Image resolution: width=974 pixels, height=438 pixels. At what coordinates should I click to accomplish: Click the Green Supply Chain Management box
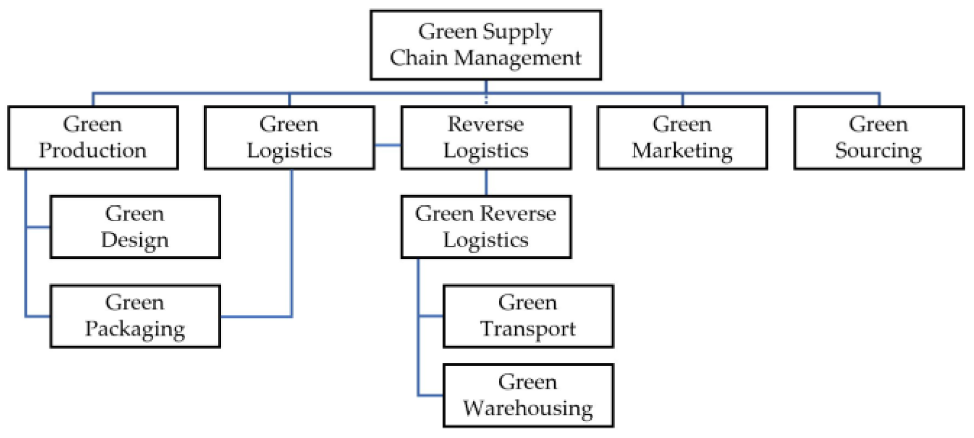coord(485,45)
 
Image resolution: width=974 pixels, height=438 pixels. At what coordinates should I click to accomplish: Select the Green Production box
coord(93,137)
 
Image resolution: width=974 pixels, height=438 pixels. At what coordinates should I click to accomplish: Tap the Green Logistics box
coord(289,137)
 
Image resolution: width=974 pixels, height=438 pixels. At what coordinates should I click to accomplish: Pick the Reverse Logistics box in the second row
coord(486,137)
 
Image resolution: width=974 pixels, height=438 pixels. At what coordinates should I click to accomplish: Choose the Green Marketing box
coord(682,137)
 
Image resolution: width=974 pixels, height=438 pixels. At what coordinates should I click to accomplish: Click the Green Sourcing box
coord(879,137)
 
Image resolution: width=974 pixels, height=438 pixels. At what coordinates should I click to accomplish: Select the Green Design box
coord(135,226)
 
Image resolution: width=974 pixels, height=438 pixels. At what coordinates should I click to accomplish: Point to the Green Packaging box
coord(135,316)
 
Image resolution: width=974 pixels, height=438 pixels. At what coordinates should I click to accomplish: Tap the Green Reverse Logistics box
coord(486,226)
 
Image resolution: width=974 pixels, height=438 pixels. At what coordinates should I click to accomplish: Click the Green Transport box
coord(528,316)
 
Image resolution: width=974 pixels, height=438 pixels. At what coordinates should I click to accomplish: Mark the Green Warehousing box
coord(528,395)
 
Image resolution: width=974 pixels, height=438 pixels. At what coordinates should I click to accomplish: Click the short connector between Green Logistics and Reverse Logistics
coord(387,145)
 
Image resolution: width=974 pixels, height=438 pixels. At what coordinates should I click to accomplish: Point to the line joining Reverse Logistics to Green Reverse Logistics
coord(486,182)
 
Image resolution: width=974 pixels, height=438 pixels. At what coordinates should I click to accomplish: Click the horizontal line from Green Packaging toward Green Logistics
coord(255,317)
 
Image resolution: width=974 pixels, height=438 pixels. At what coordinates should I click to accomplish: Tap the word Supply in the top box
coord(518,32)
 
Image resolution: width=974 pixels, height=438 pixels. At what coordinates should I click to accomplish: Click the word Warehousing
coord(528,408)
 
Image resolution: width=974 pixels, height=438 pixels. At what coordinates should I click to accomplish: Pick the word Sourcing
coord(879,150)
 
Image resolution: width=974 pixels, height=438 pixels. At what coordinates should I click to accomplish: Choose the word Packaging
coord(135,329)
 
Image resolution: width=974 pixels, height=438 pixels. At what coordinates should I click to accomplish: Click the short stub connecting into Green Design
coord(38,226)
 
